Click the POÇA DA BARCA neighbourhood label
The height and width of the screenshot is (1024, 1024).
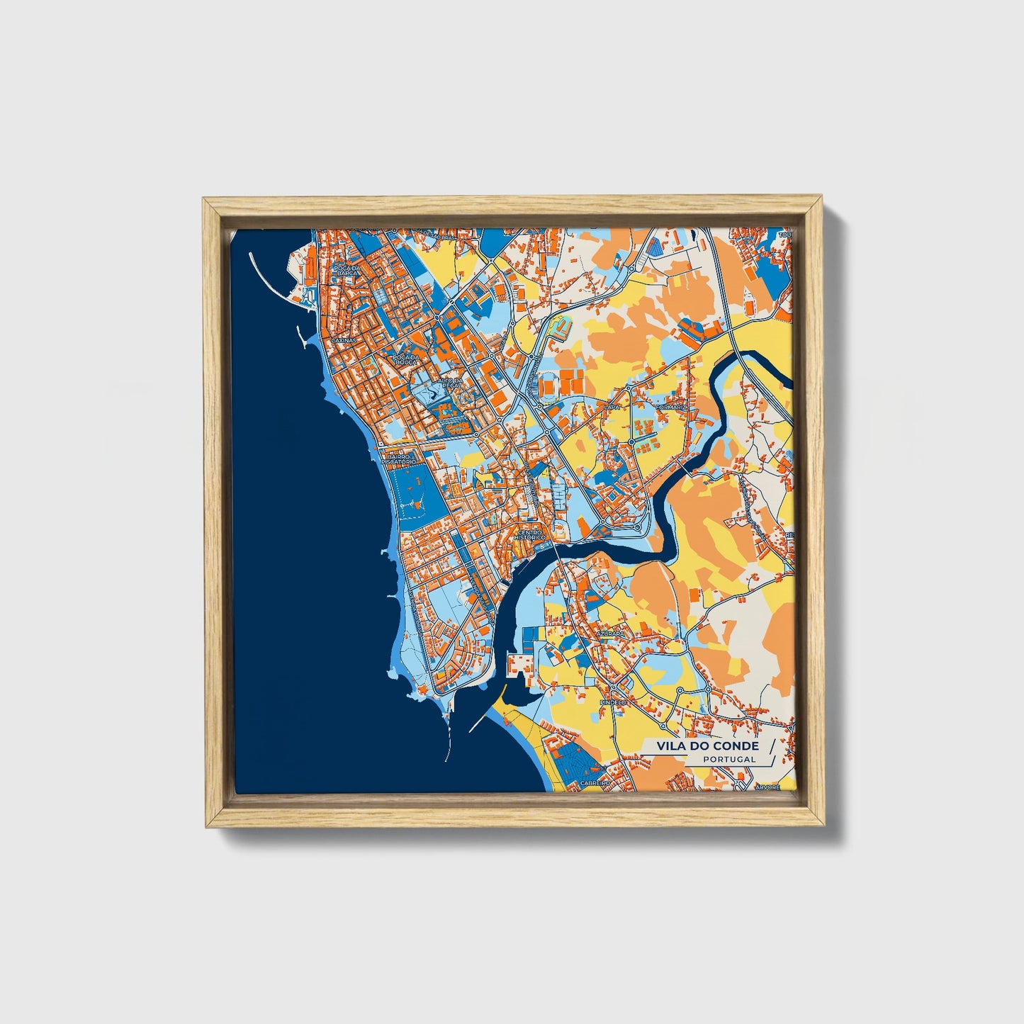click(x=347, y=271)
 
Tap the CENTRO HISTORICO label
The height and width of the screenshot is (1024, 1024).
click(x=531, y=535)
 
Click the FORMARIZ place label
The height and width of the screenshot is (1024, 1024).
click(x=671, y=407)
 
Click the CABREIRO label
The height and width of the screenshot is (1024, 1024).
click(x=595, y=782)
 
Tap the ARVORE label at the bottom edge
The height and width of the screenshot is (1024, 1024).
click(x=767, y=787)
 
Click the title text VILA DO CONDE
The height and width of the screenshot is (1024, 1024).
click(x=707, y=746)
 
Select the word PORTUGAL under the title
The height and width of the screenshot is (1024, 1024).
click(x=729, y=760)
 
